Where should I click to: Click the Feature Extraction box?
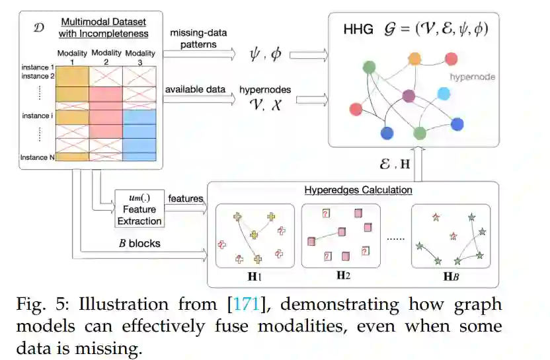click(x=139, y=207)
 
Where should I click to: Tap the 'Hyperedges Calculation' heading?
click(x=358, y=190)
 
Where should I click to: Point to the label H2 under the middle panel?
click(x=342, y=275)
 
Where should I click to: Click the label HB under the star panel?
click(x=452, y=275)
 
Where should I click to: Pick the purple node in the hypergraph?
click(x=408, y=96)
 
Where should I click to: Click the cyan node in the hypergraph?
click(x=444, y=94)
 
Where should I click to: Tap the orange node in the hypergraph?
click(x=414, y=59)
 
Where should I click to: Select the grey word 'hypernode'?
click(x=473, y=77)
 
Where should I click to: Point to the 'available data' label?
click(x=193, y=89)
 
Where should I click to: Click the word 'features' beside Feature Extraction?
click(x=185, y=198)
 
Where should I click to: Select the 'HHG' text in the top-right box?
click(x=356, y=30)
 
